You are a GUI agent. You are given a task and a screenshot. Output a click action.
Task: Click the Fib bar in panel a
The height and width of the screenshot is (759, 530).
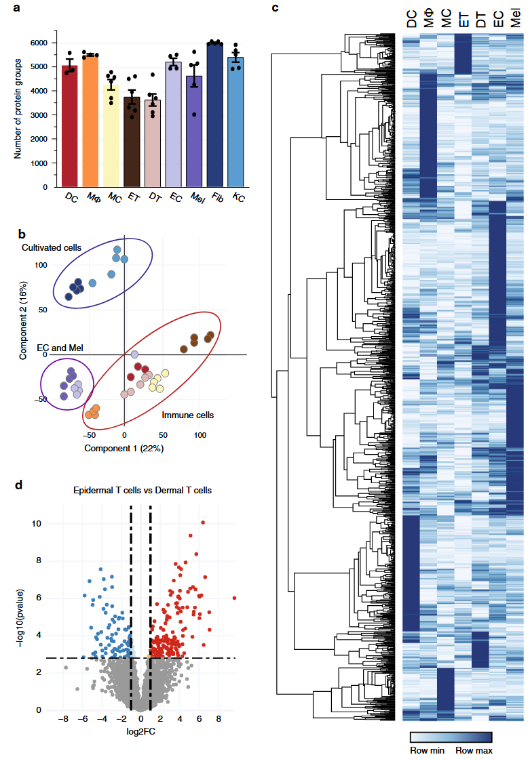(x=215, y=115)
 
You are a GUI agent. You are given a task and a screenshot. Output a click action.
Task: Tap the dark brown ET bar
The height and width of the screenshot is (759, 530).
(x=132, y=142)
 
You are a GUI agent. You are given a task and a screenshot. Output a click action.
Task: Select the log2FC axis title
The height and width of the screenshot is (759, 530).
(x=142, y=733)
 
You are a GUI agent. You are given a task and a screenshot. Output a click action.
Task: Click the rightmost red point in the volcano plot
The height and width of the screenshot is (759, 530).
(x=234, y=598)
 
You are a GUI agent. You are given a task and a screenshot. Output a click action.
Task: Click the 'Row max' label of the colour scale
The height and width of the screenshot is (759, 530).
(x=474, y=750)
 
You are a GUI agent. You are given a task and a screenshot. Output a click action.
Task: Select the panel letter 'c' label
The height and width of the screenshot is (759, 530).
(x=275, y=8)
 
